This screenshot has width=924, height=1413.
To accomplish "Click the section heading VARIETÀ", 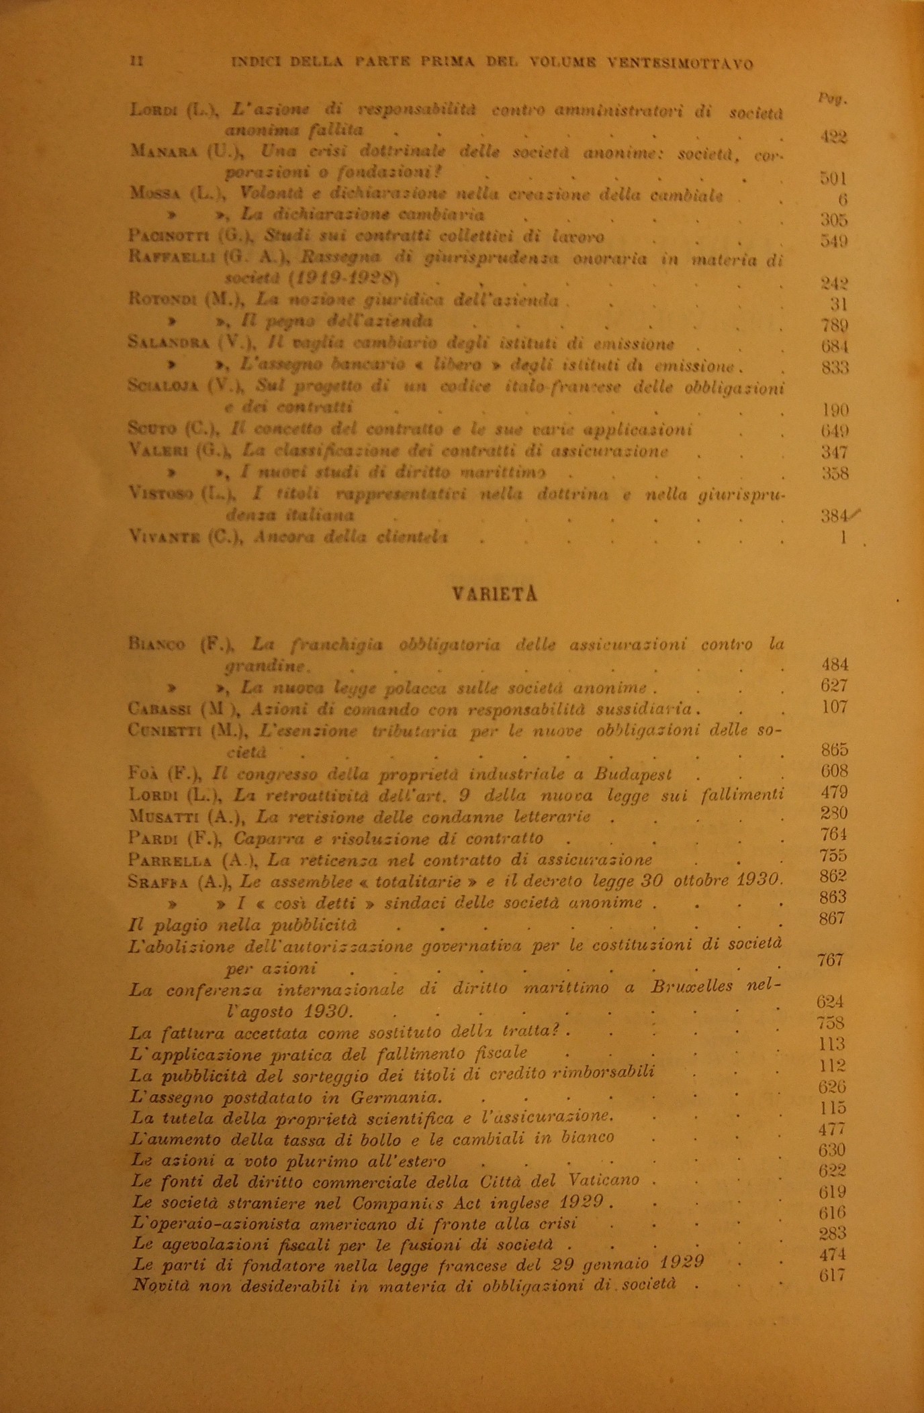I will click(x=495, y=594).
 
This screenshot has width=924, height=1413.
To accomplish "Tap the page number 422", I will click(x=833, y=137).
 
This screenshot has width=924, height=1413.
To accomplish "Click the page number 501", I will click(x=833, y=178).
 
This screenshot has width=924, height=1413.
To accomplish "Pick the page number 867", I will click(x=831, y=919).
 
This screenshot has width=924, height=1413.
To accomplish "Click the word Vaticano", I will click(x=600, y=1180).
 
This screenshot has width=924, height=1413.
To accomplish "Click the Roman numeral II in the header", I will click(x=136, y=62).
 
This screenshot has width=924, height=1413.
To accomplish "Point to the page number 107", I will click(x=834, y=706).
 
